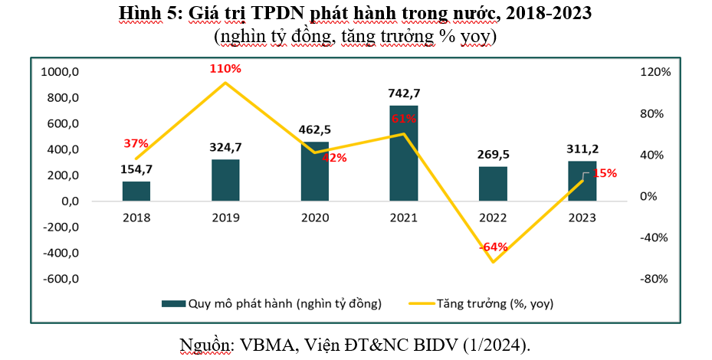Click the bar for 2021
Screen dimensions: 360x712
(x=404, y=153)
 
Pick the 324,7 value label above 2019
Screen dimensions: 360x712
(x=225, y=146)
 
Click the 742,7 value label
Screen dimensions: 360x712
(x=404, y=93)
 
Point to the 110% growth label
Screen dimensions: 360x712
(x=225, y=69)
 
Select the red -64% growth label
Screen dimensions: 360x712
(x=493, y=247)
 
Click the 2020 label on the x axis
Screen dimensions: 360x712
(x=314, y=218)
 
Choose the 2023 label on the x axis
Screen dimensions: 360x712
(x=582, y=218)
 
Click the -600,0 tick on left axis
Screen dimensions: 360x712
(x=60, y=279)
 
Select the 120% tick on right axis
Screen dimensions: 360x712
(x=657, y=72)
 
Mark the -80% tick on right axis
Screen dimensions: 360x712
(x=657, y=279)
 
